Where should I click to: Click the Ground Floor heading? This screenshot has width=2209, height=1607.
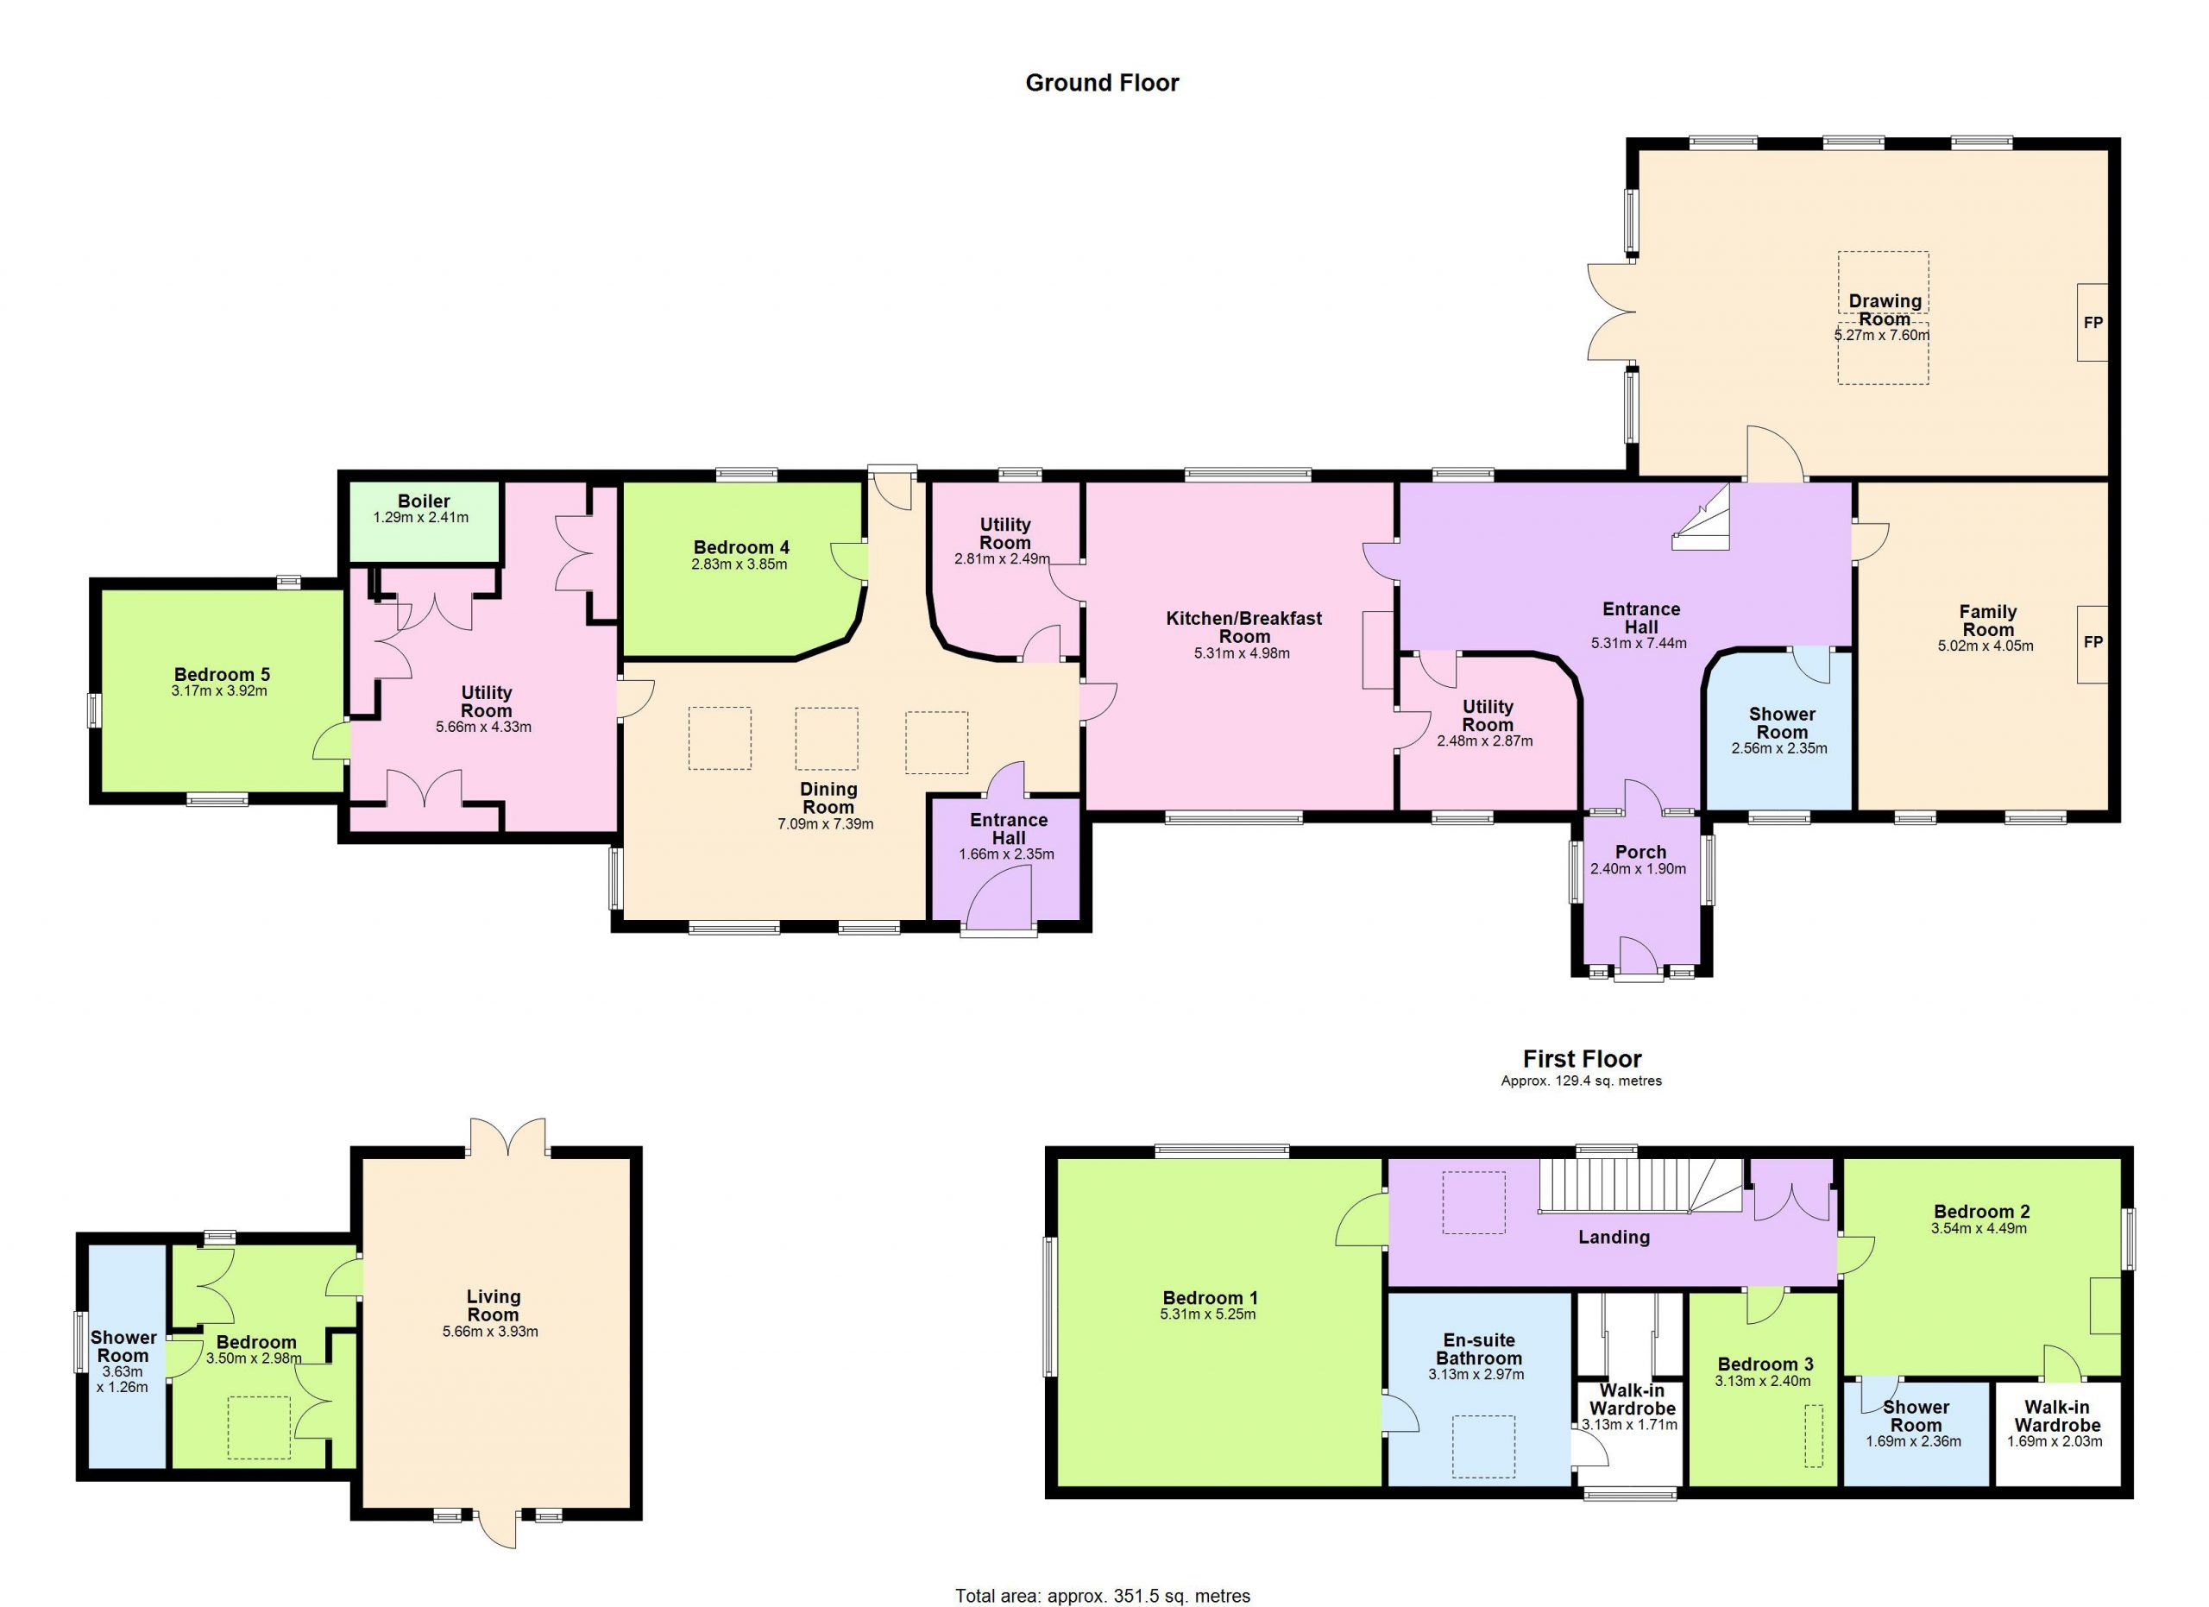pyautogui.click(x=1102, y=83)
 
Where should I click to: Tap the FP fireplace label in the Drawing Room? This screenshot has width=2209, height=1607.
pyautogui.click(x=2093, y=323)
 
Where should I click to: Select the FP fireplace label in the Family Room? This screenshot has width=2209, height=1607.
pyautogui.click(x=2093, y=643)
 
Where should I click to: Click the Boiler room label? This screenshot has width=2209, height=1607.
pyautogui.click(x=423, y=501)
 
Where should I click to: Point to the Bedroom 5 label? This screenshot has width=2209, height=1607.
pyautogui.click(x=222, y=674)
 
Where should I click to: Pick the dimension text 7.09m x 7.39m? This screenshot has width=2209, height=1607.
pyautogui.click(x=825, y=824)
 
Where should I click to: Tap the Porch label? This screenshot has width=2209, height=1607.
pyautogui.click(x=1640, y=852)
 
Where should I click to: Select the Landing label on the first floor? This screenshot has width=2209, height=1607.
pyautogui.click(x=1614, y=1237)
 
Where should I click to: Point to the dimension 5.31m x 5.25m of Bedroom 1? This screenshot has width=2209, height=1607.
pyautogui.click(x=1208, y=1314)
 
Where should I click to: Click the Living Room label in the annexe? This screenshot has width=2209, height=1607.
pyautogui.click(x=493, y=1305)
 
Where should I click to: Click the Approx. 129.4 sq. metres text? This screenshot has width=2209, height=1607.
pyautogui.click(x=1582, y=1080)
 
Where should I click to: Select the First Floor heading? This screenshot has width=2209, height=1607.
pyautogui.click(x=1582, y=1059)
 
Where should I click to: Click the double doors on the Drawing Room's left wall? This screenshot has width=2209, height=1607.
pyautogui.click(x=1611, y=312)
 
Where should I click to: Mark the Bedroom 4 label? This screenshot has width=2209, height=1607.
pyautogui.click(x=740, y=547)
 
